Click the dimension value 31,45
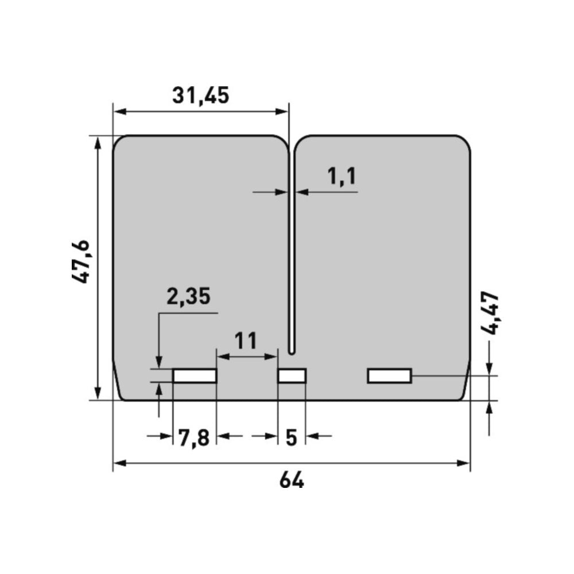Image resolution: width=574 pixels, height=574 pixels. point(200,96)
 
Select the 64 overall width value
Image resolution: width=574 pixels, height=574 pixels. point(292,480)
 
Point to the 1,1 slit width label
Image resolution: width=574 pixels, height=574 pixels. point(342,176)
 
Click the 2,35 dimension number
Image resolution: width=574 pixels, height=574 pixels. point(188,296)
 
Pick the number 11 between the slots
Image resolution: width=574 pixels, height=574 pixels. point(245,341)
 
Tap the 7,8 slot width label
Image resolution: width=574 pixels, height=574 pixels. point(193,437)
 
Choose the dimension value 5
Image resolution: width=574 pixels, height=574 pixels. point(291,437)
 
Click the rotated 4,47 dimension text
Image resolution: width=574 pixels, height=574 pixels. point(490,313)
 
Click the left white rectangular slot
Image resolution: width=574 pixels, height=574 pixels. point(195,375)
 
